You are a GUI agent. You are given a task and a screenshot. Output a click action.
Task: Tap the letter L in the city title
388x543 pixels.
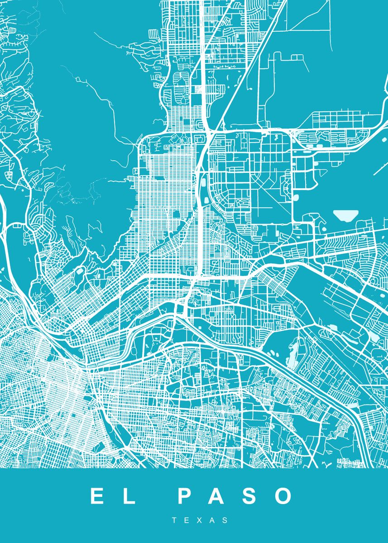129,496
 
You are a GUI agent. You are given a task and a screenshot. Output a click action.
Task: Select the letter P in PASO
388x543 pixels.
186,496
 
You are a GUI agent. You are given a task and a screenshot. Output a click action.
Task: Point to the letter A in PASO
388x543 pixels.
217,496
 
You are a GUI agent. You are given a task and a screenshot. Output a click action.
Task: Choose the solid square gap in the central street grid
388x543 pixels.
176,214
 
